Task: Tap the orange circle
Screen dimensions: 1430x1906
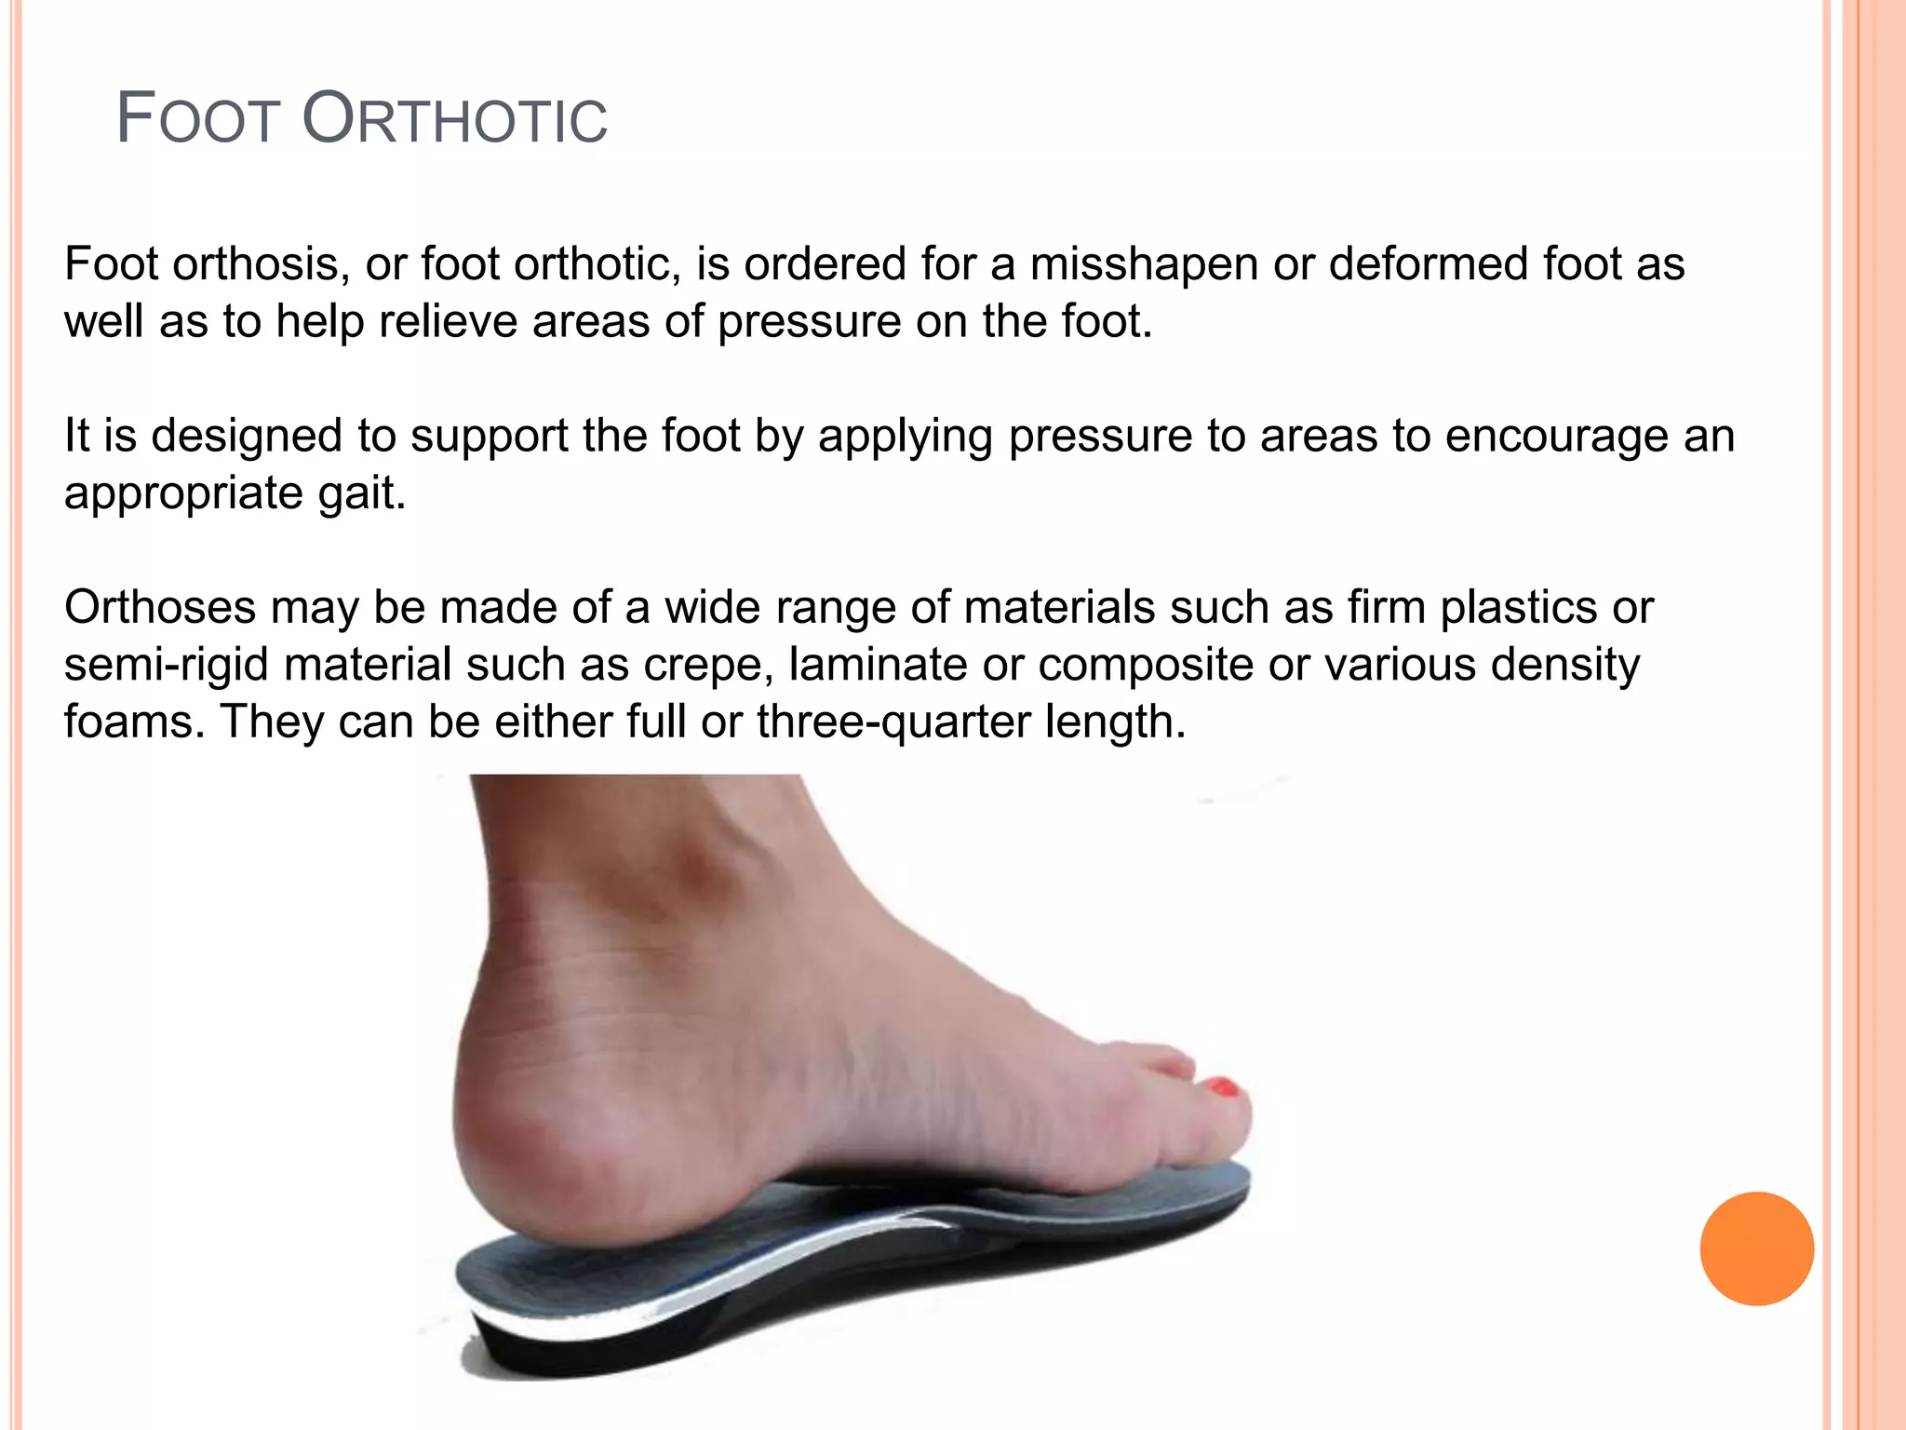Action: pyautogui.click(x=1756, y=1248)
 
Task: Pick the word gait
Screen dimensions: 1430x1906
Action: pyautogui.click(x=361, y=494)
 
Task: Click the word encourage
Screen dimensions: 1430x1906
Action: pyautogui.click(x=1556, y=437)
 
